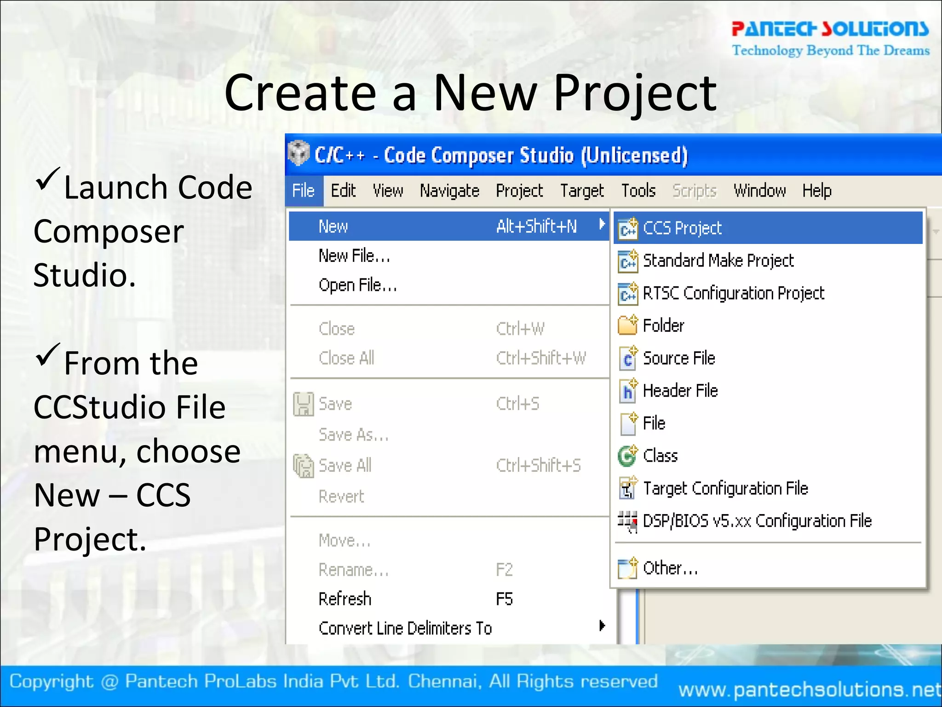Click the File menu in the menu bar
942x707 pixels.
coord(303,191)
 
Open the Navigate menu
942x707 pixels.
coord(449,191)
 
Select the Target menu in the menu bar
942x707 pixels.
coord(582,191)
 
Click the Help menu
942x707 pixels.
coord(817,191)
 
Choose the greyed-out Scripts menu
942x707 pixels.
coord(694,191)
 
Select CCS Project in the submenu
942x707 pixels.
coord(682,228)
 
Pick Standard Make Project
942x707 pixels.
coord(718,261)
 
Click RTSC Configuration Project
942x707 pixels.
coord(733,294)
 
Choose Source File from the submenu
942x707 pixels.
coord(679,359)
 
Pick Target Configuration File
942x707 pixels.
coord(725,488)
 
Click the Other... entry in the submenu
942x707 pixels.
coord(670,568)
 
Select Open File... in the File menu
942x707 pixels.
coord(357,285)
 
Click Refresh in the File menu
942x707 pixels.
coord(345,599)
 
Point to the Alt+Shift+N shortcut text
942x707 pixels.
coord(536,226)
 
